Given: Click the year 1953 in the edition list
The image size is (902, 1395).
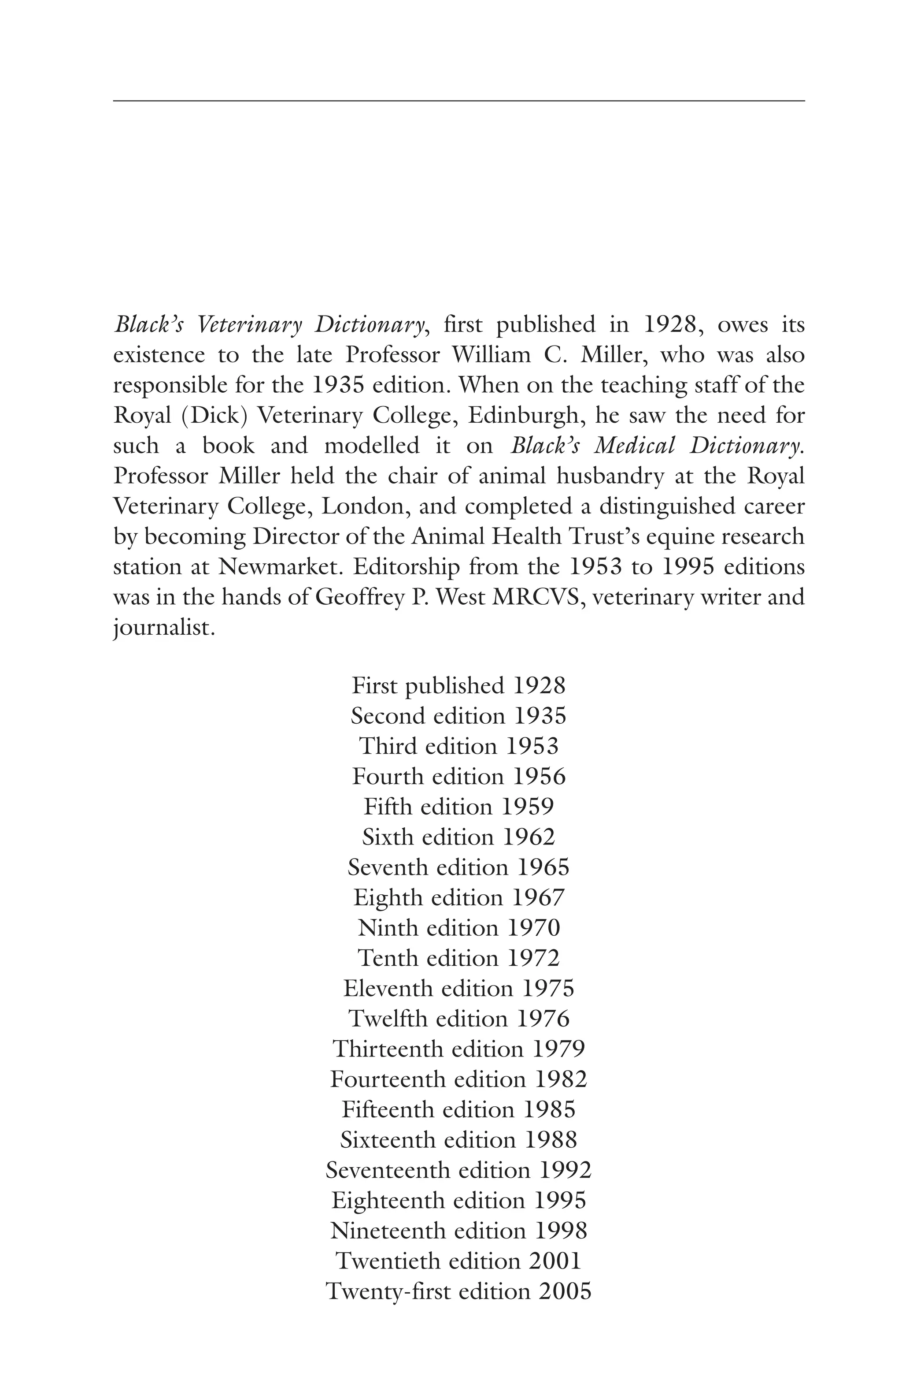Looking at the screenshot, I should point(532,746).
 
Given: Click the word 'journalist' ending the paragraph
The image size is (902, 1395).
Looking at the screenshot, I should point(161,629).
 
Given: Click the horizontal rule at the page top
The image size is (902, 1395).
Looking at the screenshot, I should point(458,101).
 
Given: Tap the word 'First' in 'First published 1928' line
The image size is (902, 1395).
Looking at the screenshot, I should point(374,686).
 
